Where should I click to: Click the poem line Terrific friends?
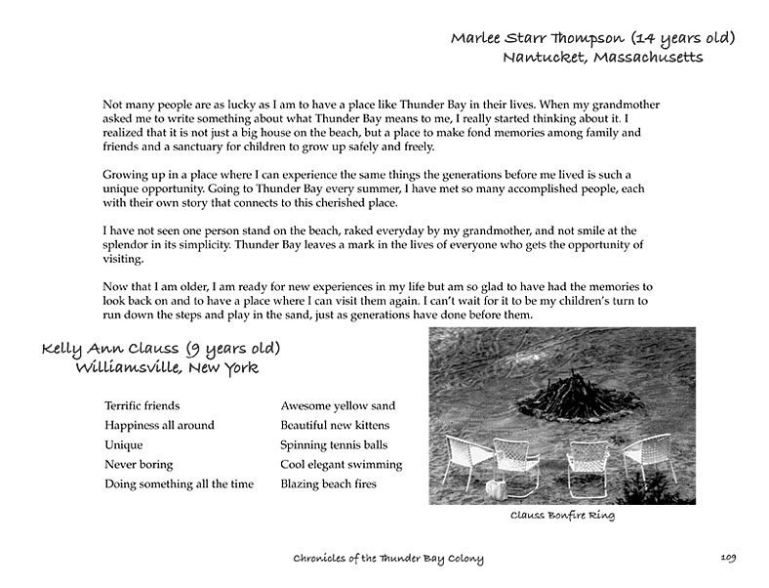(x=142, y=405)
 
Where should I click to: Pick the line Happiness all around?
(x=159, y=425)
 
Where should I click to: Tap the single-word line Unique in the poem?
(x=123, y=444)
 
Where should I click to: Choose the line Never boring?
(x=139, y=464)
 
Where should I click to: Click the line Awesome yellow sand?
(x=338, y=405)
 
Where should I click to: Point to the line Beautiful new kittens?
(x=335, y=425)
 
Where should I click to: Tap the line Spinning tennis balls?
(x=335, y=444)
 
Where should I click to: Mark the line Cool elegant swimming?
(x=341, y=464)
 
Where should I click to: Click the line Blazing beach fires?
(x=328, y=483)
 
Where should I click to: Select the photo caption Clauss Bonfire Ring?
(x=562, y=515)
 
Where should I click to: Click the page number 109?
(x=729, y=558)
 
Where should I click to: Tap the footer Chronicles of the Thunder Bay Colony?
(x=387, y=559)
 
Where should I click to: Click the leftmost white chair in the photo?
(x=467, y=459)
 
